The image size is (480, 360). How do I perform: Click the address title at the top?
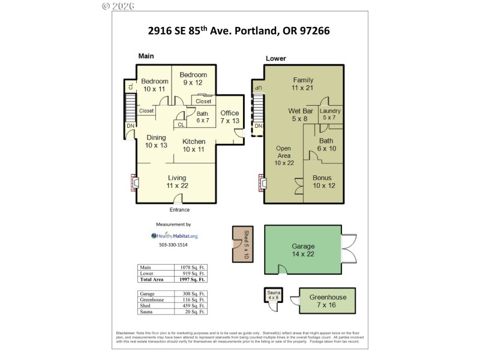(x=240, y=29)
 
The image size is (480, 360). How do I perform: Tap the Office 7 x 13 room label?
(x=230, y=117)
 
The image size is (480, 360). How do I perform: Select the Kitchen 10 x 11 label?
(x=194, y=145)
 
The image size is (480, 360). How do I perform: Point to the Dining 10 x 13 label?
(x=156, y=141)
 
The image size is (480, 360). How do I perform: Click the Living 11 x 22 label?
(x=177, y=182)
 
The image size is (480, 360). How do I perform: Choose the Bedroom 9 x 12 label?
(x=194, y=79)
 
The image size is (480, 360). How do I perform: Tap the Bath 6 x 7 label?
(x=203, y=116)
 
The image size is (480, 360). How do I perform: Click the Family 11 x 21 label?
(x=303, y=84)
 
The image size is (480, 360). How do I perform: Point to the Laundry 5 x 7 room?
(x=330, y=114)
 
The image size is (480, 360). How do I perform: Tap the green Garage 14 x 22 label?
(x=303, y=250)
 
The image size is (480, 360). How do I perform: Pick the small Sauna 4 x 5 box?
(x=274, y=296)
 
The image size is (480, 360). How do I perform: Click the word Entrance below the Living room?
(x=179, y=209)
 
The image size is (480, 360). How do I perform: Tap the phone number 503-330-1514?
(x=173, y=245)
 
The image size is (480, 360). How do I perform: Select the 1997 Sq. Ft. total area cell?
(x=193, y=280)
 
